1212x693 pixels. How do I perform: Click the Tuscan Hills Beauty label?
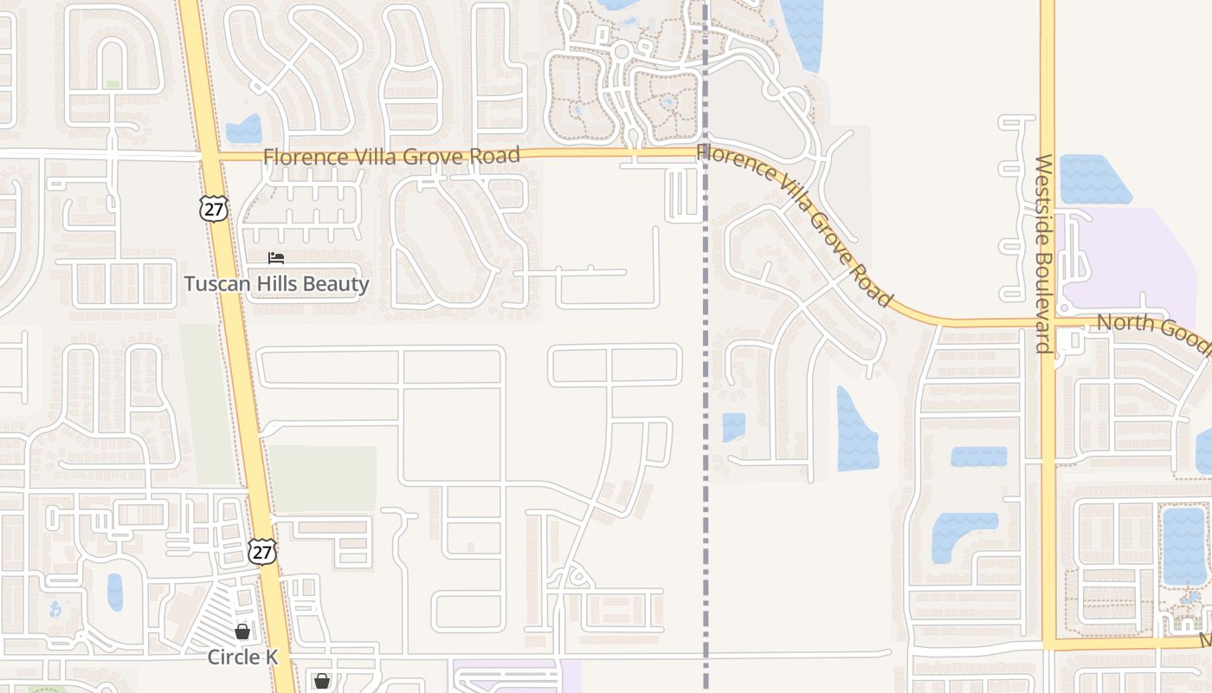(276, 284)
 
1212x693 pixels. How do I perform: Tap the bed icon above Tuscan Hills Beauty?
(276, 258)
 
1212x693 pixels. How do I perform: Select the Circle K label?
(242, 657)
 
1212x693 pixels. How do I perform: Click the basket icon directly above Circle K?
(242, 631)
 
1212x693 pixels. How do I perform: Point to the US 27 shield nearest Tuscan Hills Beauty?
(212, 209)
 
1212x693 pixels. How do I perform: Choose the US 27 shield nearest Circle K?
(261, 552)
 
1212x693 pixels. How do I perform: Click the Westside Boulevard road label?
(1043, 254)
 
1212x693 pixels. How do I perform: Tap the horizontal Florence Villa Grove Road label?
(391, 157)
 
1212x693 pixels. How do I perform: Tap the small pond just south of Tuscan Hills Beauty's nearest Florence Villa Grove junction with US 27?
(244, 130)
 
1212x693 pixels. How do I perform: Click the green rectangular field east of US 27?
(322, 478)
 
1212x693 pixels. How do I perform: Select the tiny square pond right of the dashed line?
(733, 427)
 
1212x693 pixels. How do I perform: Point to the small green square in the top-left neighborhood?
(113, 84)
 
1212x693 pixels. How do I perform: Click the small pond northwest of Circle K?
(114, 592)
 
